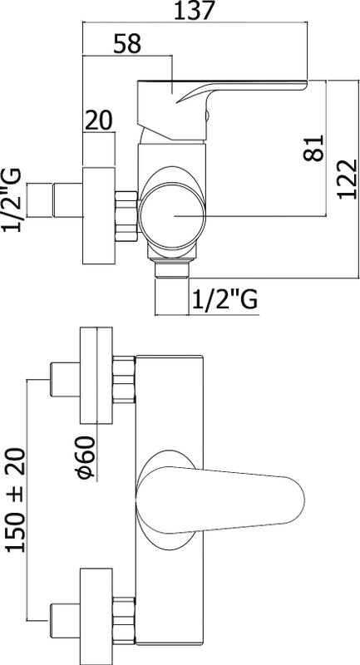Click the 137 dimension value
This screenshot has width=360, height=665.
pos(193,11)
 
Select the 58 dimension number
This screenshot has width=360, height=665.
pos(127,44)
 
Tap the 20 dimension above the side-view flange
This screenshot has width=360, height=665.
pos(99,120)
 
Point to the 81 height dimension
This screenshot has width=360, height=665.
pos(313,148)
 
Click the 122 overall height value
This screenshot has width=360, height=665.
pos(348,179)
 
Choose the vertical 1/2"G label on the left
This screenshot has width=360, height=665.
pos(12,199)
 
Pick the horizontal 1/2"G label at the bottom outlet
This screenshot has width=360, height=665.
pos(224,300)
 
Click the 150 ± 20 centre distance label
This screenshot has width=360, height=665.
pos(16,500)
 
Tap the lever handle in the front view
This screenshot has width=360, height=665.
pos(220,500)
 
